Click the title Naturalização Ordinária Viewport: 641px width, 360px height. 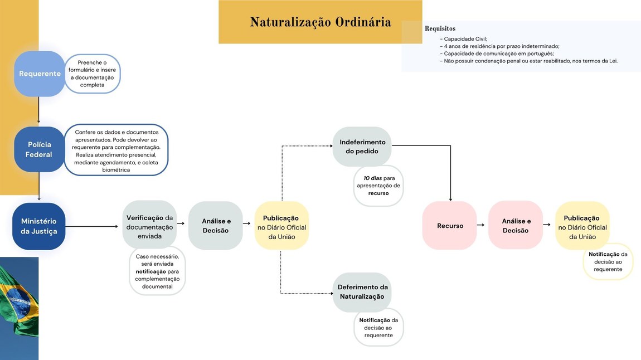point(320,22)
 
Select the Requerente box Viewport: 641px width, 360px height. point(40,74)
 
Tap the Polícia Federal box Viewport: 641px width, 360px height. point(39,149)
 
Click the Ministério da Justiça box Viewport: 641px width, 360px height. point(39,226)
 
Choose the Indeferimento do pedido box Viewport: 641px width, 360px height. point(362,147)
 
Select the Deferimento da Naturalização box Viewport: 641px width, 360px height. point(362,292)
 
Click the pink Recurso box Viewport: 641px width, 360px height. point(450,226)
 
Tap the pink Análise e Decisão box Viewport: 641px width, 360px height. point(516,226)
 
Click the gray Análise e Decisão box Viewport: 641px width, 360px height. point(216,226)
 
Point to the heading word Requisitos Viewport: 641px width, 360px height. point(440,28)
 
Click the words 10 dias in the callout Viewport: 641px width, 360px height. point(372,178)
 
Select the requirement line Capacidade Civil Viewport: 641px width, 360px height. point(465,39)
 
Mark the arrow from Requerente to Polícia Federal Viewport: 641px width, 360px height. point(38,111)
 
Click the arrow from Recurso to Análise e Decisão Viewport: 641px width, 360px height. point(480,225)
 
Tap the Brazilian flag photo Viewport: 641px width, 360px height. point(19,308)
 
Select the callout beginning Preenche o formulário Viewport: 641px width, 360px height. point(93,74)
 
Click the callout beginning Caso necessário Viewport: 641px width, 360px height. point(157,271)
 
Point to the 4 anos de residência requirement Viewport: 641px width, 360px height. point(501,46)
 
